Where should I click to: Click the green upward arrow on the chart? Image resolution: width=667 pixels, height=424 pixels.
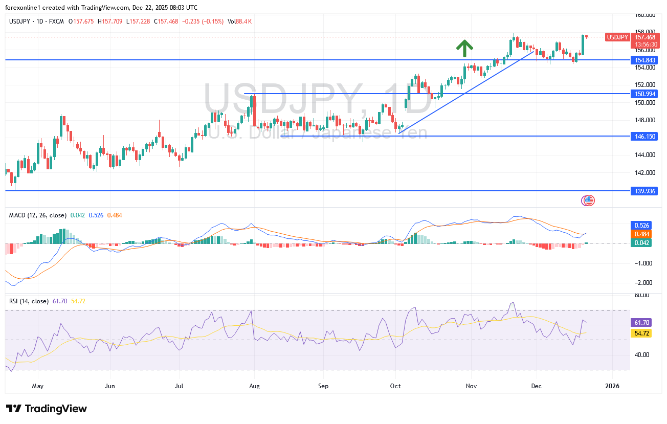(464, 48)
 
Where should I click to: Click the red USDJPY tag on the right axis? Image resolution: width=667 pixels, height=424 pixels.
(617, 37)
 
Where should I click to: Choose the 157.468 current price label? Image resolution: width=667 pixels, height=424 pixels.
(645, 37)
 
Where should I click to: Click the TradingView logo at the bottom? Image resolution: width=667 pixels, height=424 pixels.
(47, 409)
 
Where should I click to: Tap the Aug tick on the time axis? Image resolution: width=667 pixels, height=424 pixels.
(254, 386)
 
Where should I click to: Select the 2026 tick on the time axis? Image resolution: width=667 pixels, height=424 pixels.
(612, 386)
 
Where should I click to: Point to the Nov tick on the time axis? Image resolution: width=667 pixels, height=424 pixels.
(472, 386)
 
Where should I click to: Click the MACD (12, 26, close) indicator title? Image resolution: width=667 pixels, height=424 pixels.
(38, 215)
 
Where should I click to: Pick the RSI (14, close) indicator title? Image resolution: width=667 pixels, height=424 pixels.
(29, 301)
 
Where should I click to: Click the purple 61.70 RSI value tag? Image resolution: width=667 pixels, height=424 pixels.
(641, 323)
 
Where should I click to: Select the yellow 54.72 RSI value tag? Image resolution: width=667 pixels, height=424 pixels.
(641, 333)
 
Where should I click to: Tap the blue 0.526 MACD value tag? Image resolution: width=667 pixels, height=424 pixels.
(641, 225)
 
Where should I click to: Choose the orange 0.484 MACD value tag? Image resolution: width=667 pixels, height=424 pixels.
(641, 234)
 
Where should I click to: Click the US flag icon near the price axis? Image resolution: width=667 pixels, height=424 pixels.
(589, 200)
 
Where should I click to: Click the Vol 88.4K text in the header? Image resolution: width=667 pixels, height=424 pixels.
(240, 21)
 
